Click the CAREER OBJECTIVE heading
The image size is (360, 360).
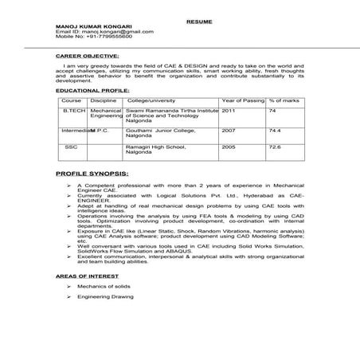pyautogui.click(x=85, y=58)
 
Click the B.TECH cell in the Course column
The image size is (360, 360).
pyautogui.click(x=73, y=112)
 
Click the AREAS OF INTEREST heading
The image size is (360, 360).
pyautogui.click(x=88, y=273)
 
